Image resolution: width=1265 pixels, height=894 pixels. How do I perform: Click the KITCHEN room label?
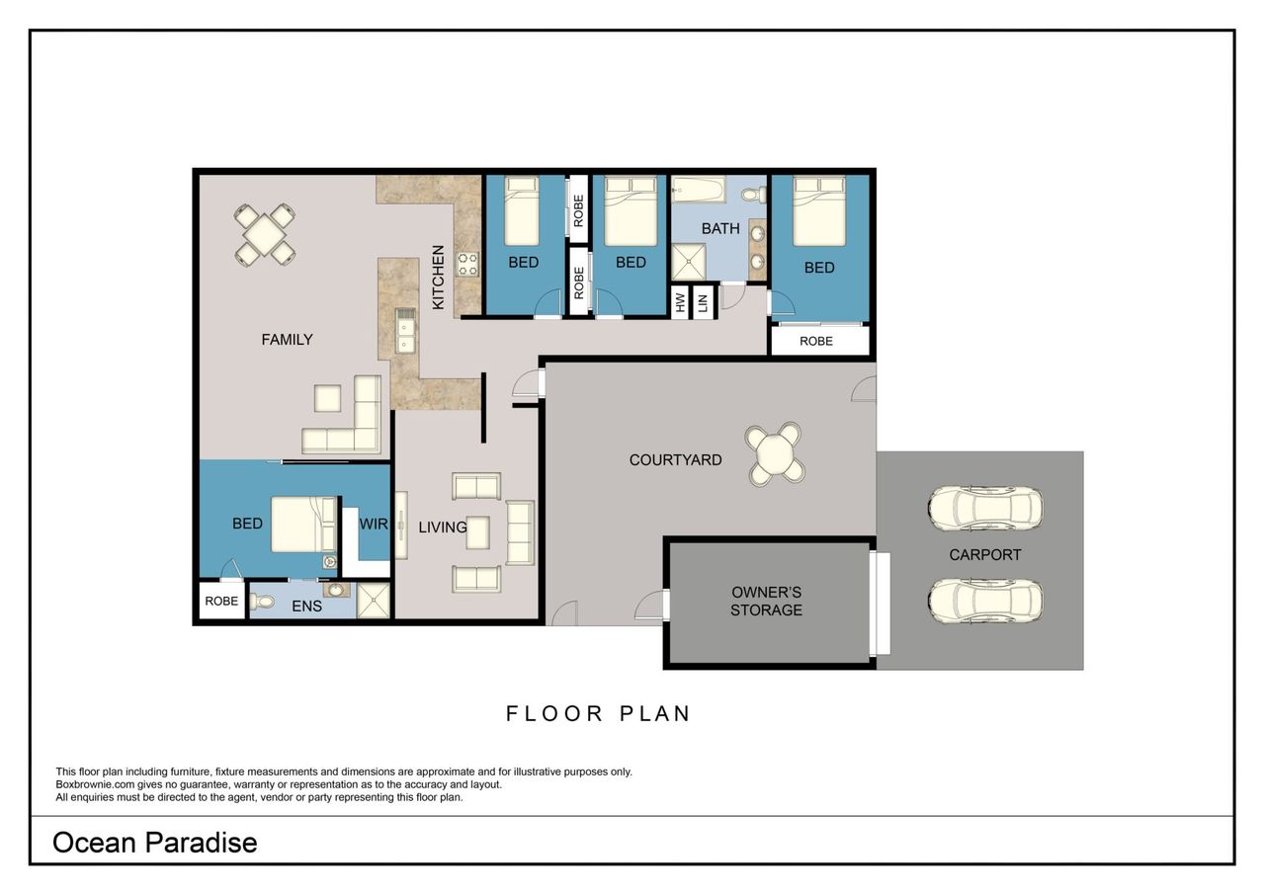[x=438, y=278]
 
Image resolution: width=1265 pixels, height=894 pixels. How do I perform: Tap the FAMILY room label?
[x=287, y=339]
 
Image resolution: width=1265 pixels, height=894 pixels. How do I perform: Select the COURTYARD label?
[x=675, y=460]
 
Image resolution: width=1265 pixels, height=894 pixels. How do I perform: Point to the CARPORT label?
[x=985, y=555]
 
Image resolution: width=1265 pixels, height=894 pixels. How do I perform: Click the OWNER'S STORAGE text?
[x=766, y=601]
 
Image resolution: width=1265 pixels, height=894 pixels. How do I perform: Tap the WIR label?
[x=374, y=524]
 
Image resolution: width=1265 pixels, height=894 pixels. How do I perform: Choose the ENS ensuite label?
[x=306, y=607]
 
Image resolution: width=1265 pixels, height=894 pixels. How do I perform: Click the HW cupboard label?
[x=680, y=302]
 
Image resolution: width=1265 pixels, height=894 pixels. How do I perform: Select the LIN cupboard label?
[x=703, y=303]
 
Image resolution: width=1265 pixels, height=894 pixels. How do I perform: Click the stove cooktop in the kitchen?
[x=467, y=264]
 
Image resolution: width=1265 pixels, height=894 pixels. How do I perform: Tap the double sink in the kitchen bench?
[x=404, y=331]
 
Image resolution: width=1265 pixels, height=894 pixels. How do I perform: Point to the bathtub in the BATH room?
[x=699, y=190]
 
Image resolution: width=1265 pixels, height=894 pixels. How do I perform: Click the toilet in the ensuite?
[x=261, y=602]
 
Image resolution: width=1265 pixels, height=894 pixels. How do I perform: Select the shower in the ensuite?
[x=374, y=601]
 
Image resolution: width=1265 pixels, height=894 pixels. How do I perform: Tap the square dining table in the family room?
[x=265, y=235]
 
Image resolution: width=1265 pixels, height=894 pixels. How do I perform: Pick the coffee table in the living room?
[x=477, y=532]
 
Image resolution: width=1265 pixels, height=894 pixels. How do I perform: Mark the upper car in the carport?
[x=985, y=508]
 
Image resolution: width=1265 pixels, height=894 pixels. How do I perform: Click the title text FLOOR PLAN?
[x=598, y=714]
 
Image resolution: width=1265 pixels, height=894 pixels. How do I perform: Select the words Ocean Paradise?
[x=155, y=843]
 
